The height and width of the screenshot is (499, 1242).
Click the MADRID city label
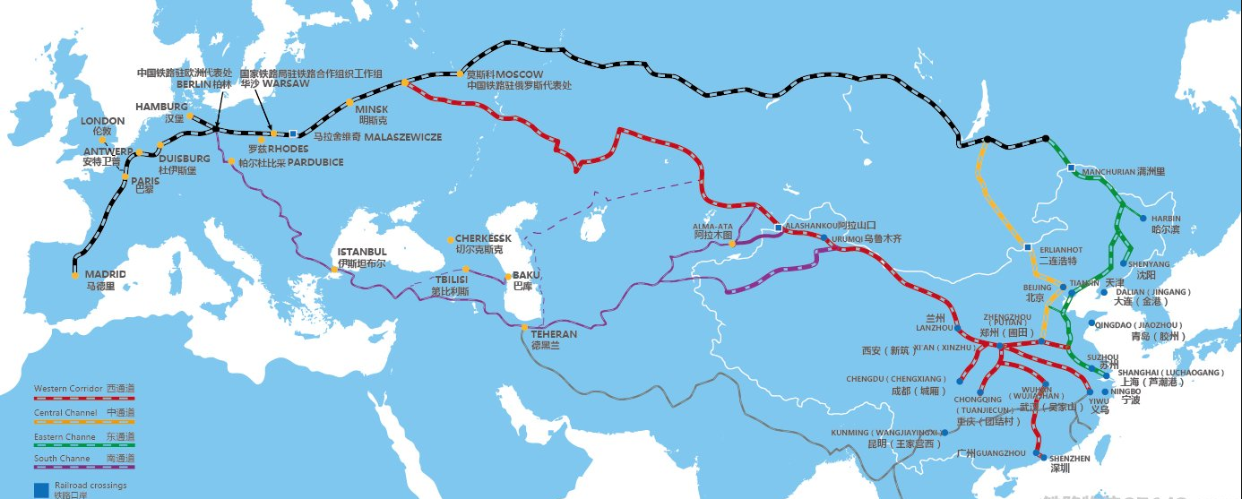pos(105,274)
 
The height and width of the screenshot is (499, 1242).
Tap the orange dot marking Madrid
pos(75,275)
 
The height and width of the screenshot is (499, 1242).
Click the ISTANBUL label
pos(361,252)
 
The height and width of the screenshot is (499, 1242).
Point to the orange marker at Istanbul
pos(334,269)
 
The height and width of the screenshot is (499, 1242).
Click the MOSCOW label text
pos(520,73)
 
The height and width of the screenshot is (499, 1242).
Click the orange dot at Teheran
pos(524,328)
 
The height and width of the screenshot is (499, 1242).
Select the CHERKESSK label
pos(483,238)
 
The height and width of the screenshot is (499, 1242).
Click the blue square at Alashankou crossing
pos(777,228)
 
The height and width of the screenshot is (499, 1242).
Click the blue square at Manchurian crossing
pos(1071,168)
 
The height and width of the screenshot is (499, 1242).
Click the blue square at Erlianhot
pos(1028,247)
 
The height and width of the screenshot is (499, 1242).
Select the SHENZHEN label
pos(1071,458)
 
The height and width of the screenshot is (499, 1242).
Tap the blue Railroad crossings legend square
pos(40,490)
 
